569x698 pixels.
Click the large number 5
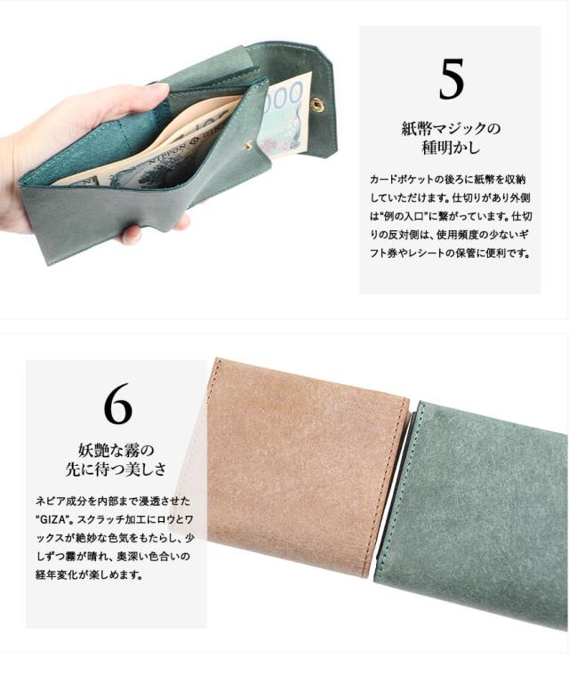[451, 79]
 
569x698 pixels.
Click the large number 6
[117, 404]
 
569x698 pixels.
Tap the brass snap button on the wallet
[318, 104]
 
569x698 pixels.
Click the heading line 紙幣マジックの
[451, 129]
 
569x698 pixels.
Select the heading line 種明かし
[451, 148]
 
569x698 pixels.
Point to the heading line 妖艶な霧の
[116, 451]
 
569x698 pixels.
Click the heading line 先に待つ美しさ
[116, 469]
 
